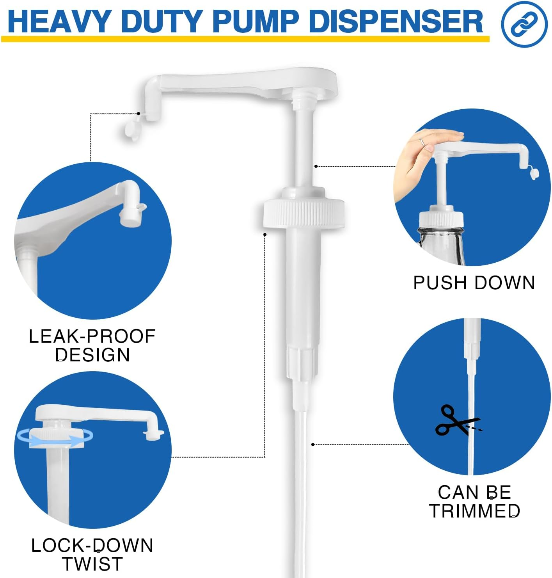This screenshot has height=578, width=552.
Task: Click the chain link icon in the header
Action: (524, 24)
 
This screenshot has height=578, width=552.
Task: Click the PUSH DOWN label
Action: (474, 283)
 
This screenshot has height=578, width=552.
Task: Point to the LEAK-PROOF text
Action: (92, 336)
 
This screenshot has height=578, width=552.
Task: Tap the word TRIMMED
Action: (474, 511)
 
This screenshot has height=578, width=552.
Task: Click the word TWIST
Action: (92, 564)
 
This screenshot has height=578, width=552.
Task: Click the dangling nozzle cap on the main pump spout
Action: (131, 129)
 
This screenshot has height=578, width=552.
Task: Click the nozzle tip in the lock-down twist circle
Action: (153, 434)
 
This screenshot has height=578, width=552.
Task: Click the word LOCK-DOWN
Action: (92, 545)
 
